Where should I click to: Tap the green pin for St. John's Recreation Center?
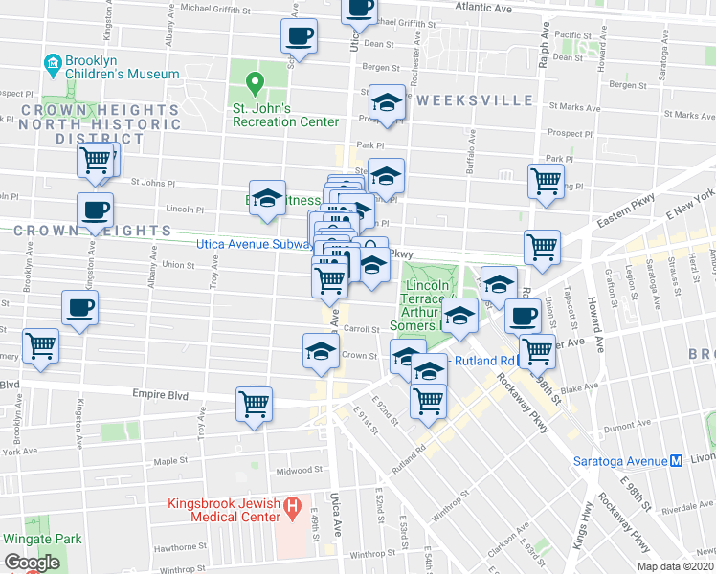(255, 83)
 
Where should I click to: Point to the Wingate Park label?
(40, 539)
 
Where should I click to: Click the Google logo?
(32, 563)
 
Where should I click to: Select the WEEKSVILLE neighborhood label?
(474, 100)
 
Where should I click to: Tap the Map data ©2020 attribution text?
(677, 566)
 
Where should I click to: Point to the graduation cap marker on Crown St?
(322, 350)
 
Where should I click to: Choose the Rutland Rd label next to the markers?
(484, 361)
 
